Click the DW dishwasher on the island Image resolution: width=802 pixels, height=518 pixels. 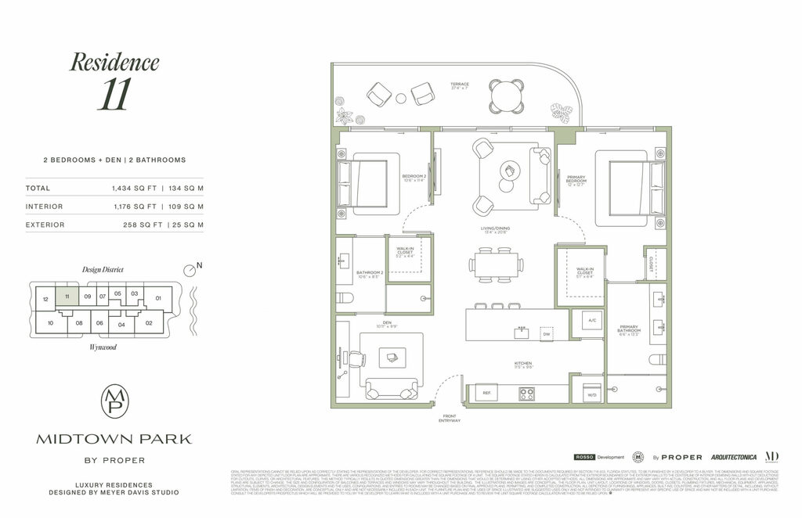pos(547,334)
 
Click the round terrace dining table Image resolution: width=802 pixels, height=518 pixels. pos(507,96)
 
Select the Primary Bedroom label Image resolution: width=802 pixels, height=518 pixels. pos(576,182)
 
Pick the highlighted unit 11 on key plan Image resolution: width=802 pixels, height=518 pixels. pos(68,297)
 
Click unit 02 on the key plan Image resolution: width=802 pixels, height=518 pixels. pos(148,322)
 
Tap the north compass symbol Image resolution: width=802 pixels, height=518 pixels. pos(190,269)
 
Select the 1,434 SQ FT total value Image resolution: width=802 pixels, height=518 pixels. pos(136,189)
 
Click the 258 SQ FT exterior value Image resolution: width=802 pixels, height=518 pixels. pos(136,225)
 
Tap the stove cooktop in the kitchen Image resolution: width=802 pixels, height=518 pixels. pos(526,394)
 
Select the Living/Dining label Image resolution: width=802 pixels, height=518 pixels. pos(497,229)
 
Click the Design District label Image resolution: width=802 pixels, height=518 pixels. pos(103,269)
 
